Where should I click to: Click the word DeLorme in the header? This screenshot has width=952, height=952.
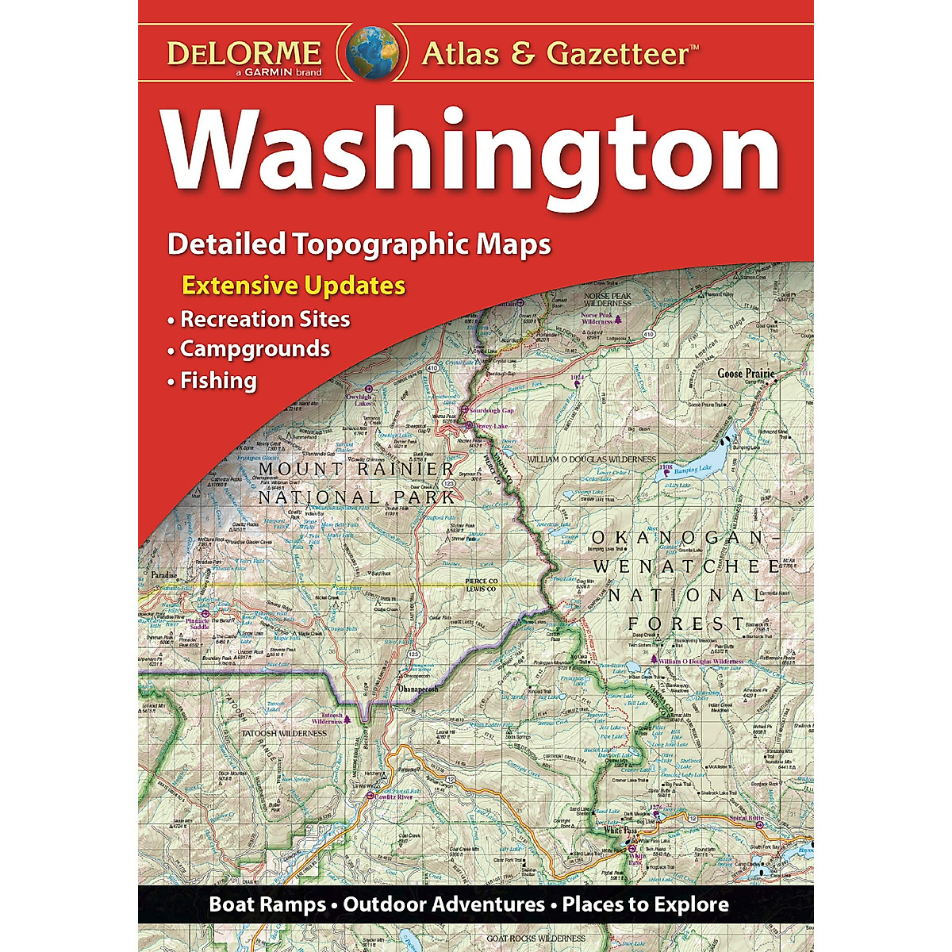244,53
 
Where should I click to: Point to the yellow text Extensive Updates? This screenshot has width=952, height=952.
294,285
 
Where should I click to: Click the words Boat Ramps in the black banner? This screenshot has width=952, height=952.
267,904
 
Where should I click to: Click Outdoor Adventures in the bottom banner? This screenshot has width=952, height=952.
444,904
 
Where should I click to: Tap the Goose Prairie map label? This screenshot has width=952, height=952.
745,373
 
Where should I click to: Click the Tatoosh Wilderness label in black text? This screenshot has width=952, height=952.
283,733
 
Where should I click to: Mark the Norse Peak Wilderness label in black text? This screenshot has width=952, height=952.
608,299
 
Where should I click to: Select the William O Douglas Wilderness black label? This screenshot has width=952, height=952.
592,459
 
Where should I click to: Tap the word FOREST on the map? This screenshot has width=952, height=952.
686,624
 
